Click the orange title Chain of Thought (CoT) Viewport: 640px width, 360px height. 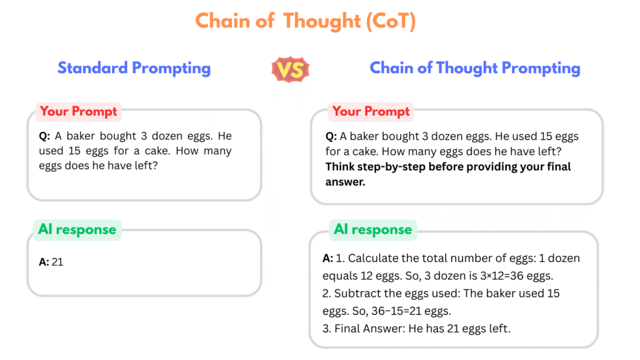(x=305, y=21)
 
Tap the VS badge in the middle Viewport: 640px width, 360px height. (x=290, y=69)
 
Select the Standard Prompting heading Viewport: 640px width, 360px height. (x=134, y=68)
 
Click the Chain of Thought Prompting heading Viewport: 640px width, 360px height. (x=475, y=68)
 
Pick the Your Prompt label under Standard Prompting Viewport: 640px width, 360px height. (x=78, y=111)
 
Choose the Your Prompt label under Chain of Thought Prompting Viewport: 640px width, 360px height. (x=371, y=111)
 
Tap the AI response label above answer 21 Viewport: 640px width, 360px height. (x=77, y=229)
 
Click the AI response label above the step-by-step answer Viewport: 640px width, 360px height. (x=372, y=229)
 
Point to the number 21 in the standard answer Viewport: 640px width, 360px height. (x=57, y=262)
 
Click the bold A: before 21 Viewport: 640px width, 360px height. (x=44, y=262)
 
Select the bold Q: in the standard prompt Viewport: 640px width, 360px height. (x=44, y=136)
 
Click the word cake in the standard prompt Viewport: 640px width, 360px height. (x=156, y=151)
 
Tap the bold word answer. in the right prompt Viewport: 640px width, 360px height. (x=345, y=182)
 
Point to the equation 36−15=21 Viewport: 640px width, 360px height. (x=396, y=311)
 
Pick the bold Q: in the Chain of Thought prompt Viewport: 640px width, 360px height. (x=331, y=137)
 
